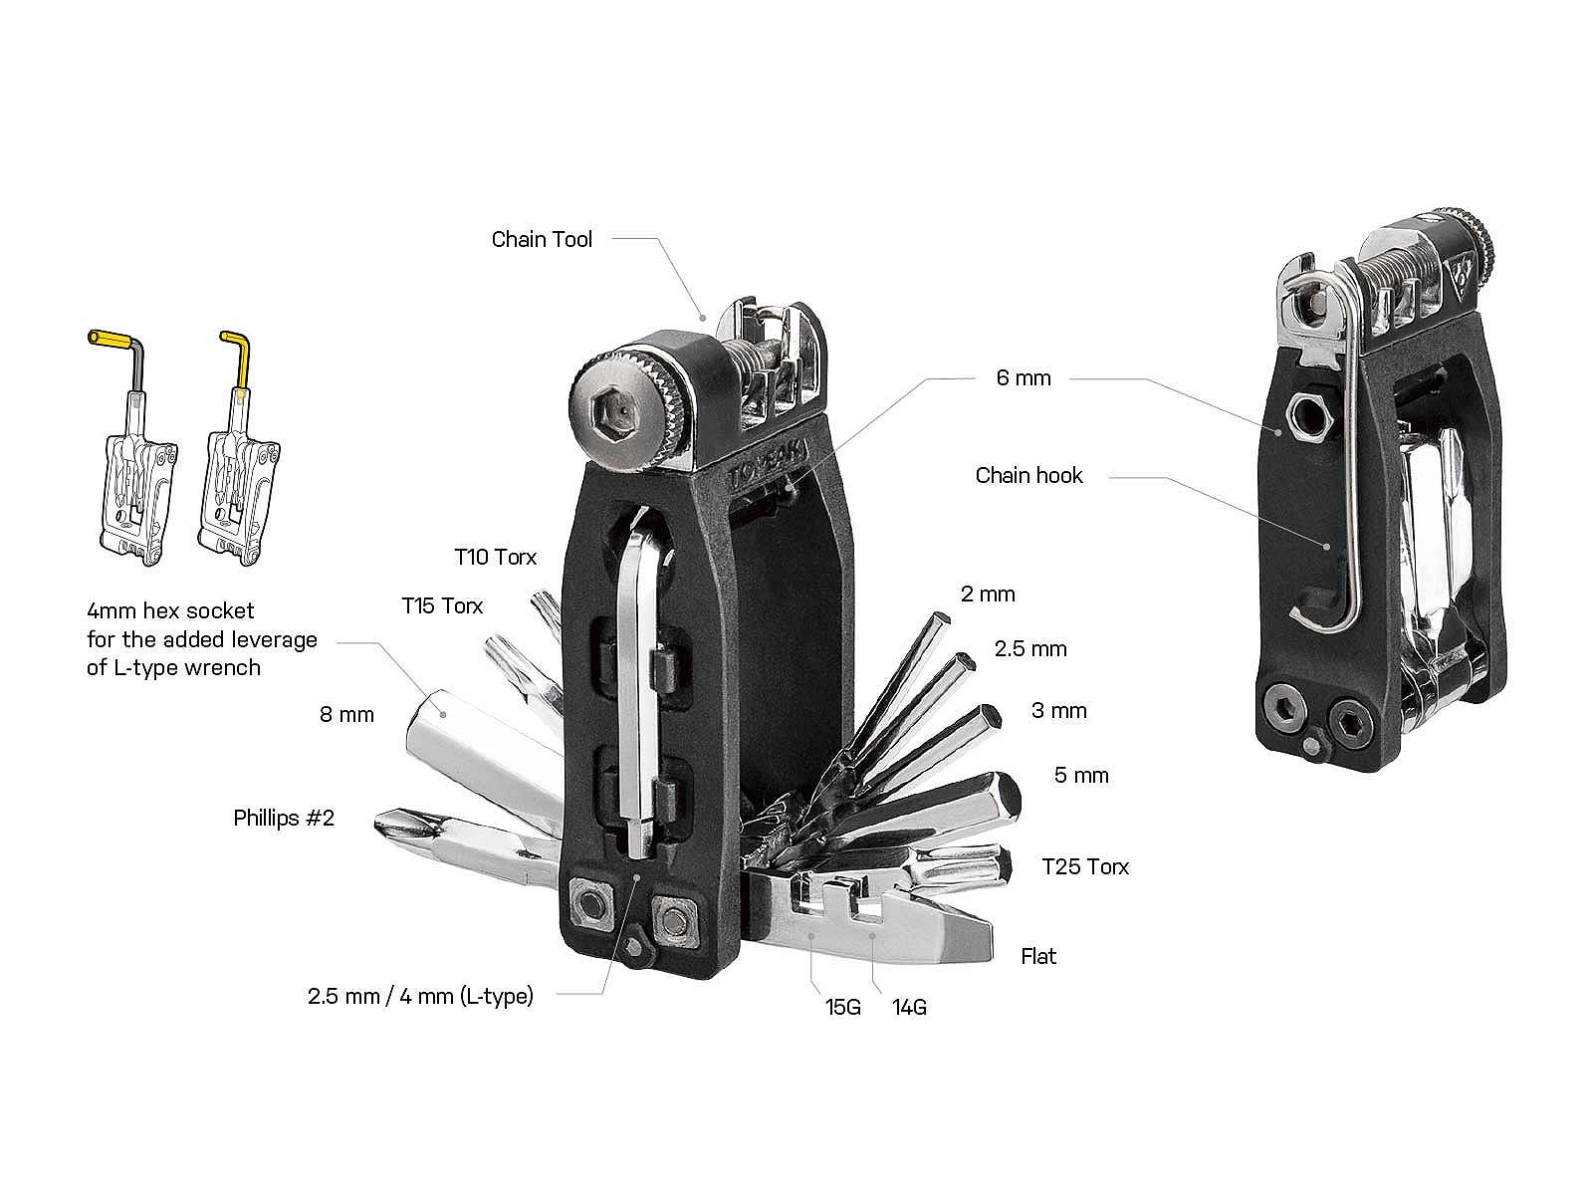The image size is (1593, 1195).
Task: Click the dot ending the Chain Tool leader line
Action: coord(703,317)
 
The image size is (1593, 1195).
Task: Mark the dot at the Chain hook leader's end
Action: coord(1326,546)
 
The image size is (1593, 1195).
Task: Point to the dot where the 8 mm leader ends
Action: coord(442,713)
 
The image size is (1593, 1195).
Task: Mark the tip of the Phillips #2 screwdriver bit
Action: coord(379,823)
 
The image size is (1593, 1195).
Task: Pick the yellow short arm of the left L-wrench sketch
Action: coord(113,339)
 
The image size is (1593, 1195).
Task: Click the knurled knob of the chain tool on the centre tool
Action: coord(625,409)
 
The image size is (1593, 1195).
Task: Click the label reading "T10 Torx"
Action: coord(496,558)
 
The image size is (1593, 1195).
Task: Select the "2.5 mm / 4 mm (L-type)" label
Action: coord(420,996)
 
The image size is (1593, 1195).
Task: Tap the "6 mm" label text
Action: coord(1024,378)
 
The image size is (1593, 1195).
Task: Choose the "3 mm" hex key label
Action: coord(1059,710)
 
